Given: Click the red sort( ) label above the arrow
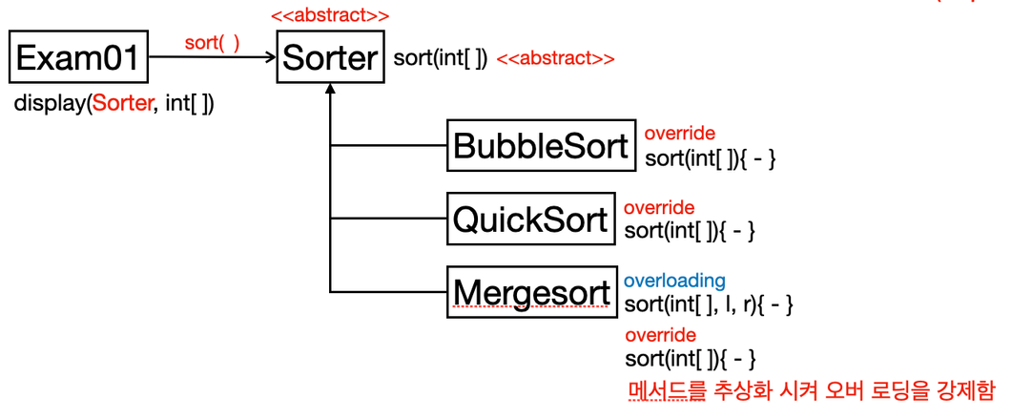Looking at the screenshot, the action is tap(212, 43).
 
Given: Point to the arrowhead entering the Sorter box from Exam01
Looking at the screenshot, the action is tap(272, 58).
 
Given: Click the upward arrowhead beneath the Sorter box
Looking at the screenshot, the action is tap(330, 90).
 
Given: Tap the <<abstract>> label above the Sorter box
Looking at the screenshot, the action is tap(330, 14).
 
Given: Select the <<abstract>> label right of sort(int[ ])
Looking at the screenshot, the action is tap(555, 59).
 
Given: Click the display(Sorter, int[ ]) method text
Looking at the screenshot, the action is tap(114, 103).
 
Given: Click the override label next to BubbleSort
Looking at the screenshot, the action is tap(680, 134).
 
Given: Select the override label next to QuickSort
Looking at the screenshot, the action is tap(660, 208).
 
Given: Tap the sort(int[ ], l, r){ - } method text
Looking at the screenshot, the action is tap(709, 304).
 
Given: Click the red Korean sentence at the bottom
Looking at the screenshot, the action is tap(811, 390).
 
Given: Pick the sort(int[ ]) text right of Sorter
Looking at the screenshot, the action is tap(441, 59).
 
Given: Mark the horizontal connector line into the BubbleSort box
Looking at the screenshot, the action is tap(388, 145).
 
